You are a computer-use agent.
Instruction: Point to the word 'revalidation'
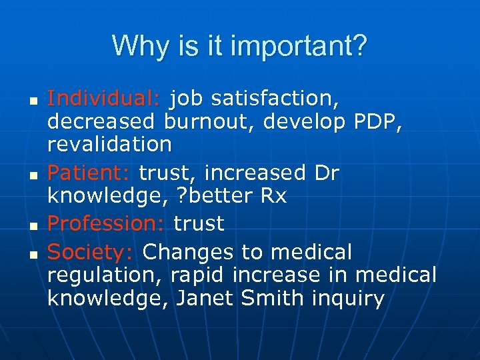pos(109,144)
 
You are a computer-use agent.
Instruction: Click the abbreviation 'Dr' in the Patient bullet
pos(325,173)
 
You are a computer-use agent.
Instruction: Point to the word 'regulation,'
pos(106,275)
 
